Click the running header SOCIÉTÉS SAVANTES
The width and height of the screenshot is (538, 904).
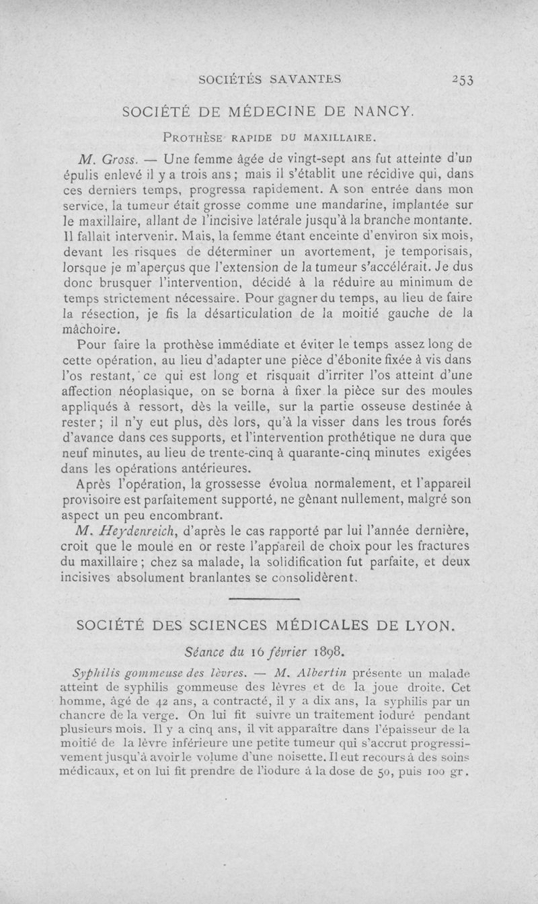(271, 79)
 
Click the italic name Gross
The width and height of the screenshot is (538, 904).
(122, 160)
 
